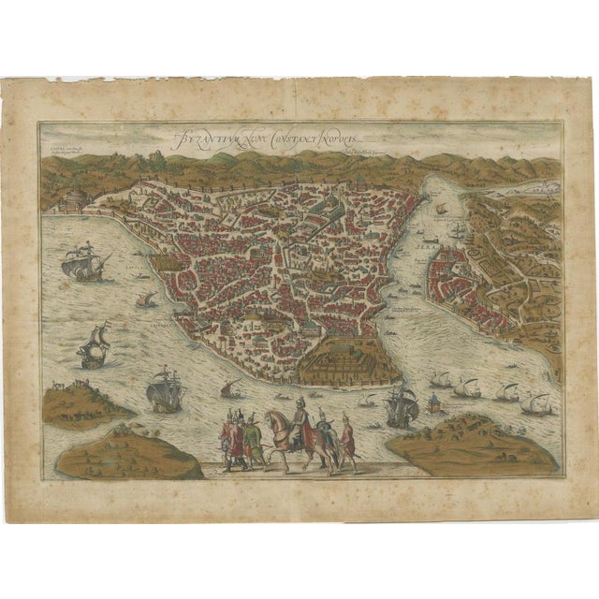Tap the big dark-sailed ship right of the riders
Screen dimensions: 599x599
pyautogui.click(x=401, y=404)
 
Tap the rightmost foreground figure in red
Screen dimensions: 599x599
pyautogui.click(x=347, y=440)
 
